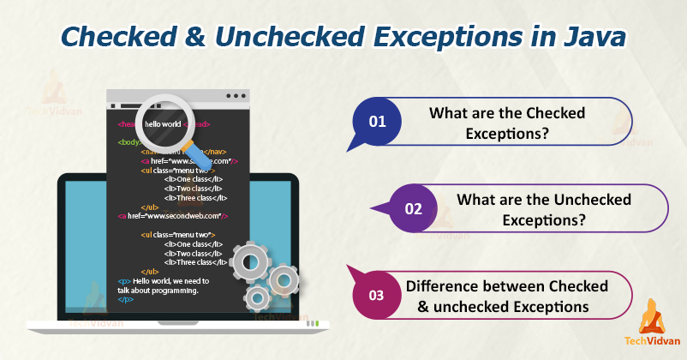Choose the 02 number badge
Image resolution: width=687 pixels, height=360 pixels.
pos(414,208)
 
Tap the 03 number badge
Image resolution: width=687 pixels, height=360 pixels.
pos(377,295)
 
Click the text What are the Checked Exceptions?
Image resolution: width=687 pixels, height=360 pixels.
pos(506,123)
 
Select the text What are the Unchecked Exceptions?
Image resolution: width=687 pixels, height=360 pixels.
pos(543,209)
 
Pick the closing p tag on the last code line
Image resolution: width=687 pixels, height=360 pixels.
pos(125,299)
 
